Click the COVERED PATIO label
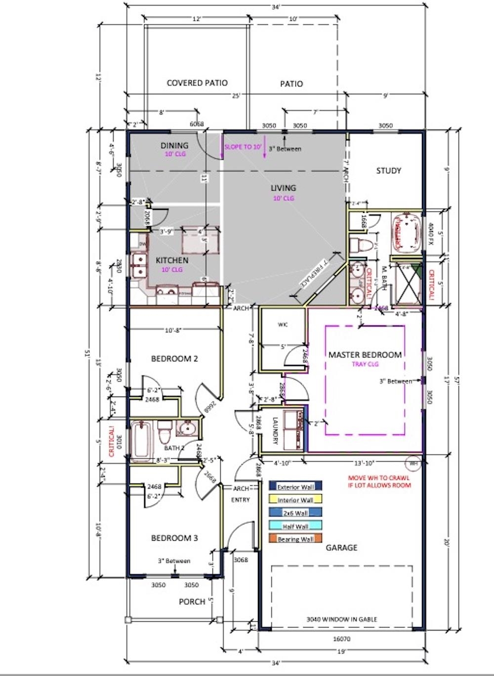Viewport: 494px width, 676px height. coord(197,83)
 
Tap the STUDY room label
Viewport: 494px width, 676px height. coord(389,171)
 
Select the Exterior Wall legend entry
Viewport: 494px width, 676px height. coord(295,487)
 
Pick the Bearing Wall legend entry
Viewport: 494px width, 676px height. coord(295,539)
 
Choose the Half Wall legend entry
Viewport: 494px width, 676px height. coord(295,526)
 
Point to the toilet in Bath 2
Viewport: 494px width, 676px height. coord(165,432)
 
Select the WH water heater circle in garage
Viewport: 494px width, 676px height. coord(413,463)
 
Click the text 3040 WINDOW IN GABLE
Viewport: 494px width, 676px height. coord(341,619)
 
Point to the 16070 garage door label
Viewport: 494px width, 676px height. coord(341,639)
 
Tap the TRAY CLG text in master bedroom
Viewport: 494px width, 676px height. coord(365,364)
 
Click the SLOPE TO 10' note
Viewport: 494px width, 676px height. coord(243,147)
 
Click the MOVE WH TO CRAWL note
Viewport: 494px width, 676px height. coord(379,481)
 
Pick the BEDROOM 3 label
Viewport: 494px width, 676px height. coord(174,538)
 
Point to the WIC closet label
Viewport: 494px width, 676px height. coord(283,324)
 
